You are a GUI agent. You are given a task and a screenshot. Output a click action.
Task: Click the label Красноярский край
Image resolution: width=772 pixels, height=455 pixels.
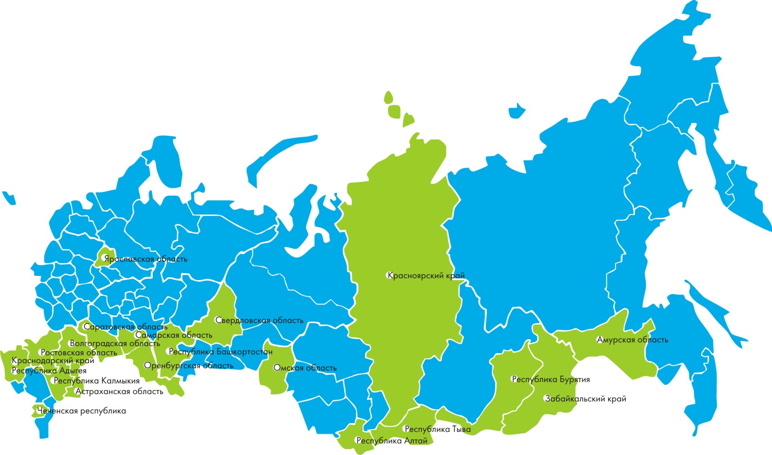426,276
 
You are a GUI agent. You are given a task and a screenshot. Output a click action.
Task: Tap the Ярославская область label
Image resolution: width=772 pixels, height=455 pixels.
146,259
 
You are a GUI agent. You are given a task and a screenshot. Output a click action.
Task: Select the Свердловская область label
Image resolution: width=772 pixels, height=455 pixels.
260,321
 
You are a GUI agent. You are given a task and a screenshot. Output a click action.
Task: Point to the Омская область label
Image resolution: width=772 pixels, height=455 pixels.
305,368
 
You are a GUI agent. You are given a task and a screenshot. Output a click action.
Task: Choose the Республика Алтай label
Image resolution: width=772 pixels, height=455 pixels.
392,441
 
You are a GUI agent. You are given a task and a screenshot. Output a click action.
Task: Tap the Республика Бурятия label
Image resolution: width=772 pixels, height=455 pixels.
551,380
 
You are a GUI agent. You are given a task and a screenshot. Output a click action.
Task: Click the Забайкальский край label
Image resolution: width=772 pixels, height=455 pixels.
586,399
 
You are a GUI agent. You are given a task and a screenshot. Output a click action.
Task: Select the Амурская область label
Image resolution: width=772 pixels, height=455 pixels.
633,340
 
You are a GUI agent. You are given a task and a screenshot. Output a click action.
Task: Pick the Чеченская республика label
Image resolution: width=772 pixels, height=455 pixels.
82,411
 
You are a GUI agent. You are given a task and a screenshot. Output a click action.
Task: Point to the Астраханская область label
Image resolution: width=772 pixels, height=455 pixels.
120,392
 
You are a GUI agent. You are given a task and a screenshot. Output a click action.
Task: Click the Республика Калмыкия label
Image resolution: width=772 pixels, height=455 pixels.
97,381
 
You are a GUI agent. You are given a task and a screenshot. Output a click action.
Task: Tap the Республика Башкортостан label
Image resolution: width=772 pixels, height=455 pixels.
221,352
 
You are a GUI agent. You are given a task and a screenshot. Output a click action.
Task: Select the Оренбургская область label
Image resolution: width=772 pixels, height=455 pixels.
189,366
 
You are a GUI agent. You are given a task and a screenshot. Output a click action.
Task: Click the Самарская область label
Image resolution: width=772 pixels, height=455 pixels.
174,335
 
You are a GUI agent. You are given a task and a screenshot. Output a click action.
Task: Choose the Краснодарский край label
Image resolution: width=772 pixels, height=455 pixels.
53,361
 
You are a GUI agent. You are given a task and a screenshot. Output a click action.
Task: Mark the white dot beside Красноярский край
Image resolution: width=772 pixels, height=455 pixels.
389,276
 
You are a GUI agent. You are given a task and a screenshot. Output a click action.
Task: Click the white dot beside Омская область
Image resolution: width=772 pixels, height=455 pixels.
275,368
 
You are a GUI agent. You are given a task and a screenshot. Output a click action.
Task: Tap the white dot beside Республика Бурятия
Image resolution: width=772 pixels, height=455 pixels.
514,380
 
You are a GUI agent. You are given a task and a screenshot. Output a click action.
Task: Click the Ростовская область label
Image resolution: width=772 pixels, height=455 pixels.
79,353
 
